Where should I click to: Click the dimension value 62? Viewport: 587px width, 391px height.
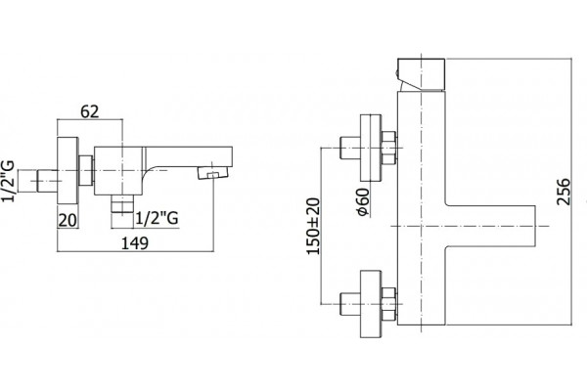(90, 111)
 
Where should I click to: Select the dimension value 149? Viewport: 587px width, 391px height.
(135, 243)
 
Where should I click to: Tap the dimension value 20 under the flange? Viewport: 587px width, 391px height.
(68, 220)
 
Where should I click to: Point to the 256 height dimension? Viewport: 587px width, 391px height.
(564, 192)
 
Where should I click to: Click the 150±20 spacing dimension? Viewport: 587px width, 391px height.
(313, 227)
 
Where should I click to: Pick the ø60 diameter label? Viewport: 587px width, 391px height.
(363, 202)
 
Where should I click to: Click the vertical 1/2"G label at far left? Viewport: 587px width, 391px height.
(8, 181)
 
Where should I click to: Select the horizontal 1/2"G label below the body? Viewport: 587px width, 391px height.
(157, 218)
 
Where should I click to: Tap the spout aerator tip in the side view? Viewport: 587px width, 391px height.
(212, 173)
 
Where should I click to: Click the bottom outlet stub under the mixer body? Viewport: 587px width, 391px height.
(122, 204)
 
